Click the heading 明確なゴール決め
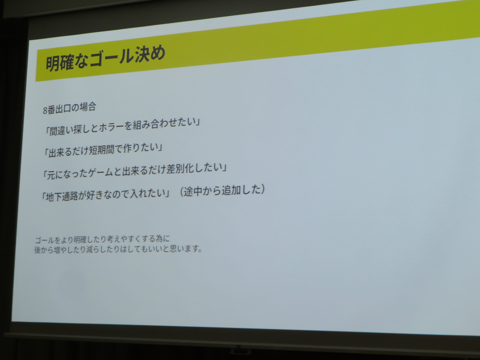coord(105,58)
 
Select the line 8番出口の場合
coord(69,108)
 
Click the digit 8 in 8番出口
coord(45,111)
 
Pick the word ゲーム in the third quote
coord(101,173)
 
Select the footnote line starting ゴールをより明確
coord(102,239)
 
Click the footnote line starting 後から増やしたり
coord(118,249)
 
